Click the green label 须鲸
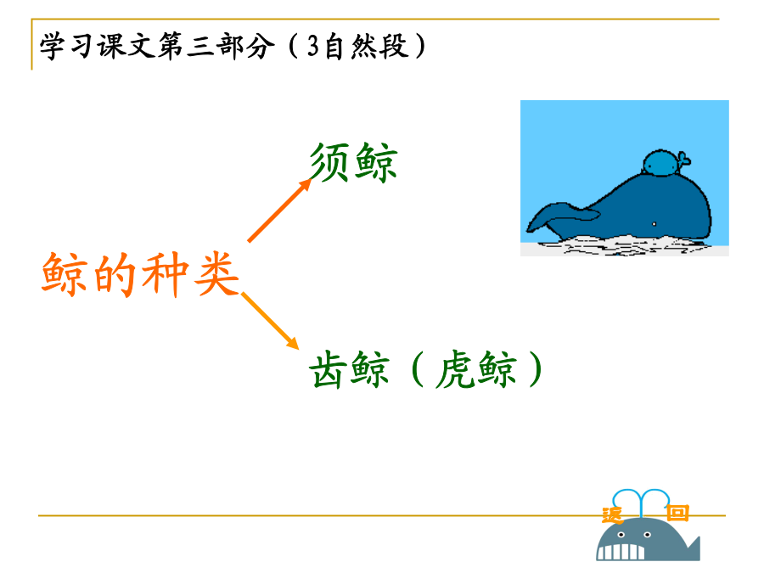click(354, 162)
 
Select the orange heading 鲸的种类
click(140, 274)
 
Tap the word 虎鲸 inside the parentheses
click(476, 369)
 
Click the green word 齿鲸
click(350, 369)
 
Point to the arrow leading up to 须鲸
click(279, 210)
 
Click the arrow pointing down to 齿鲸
click(270, 321)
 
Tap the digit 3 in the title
click(312, 47)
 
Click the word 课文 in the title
click(126, 47)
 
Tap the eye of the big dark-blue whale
click(654, 224)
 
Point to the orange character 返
click(612, 514)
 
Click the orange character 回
click(677, 513)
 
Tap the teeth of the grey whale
click(621, 552)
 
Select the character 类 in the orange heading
click(216, 274)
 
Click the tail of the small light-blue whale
click(683, 159)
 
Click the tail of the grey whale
click(692, 548)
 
